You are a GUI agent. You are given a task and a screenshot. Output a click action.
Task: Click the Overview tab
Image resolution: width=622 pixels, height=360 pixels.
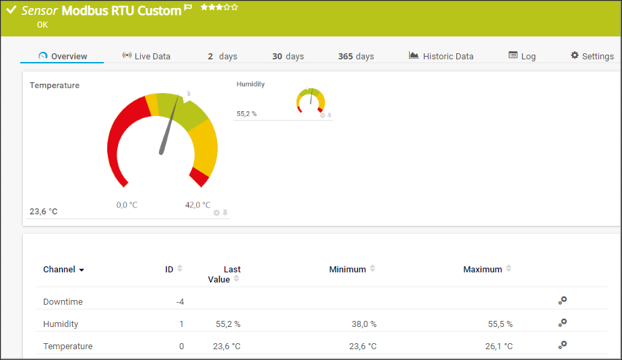(x=63, y=57)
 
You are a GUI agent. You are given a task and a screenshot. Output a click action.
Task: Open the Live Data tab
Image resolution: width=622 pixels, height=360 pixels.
(x=146, y=57)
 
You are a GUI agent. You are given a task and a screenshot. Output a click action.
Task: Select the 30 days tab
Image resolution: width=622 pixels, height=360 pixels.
(x=288, y=57)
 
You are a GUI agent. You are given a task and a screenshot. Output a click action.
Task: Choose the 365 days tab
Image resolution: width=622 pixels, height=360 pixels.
(x=356, y=57)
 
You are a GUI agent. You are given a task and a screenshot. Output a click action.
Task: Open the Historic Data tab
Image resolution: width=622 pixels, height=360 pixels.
(x=441, y=57)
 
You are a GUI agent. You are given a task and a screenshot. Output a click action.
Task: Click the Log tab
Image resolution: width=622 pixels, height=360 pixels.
(x=522, y=57)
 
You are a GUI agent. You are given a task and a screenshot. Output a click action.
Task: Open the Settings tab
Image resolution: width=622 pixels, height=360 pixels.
(x=592, y=57)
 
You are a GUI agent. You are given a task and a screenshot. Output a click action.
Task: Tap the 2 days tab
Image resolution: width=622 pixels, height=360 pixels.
(x=222, y=57)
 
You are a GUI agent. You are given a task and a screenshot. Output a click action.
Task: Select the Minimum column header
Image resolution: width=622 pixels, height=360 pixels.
(x=348, y=270)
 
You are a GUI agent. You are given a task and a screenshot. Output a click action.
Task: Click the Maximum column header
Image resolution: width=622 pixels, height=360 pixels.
(x=483, y=270)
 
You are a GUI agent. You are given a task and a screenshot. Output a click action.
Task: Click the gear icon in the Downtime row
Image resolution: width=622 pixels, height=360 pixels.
(x=563, y=301)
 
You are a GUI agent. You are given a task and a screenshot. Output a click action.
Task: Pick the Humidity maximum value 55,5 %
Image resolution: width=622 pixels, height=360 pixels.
(x=500, y=324)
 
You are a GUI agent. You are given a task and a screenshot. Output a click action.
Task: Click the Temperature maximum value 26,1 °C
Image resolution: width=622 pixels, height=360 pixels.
(x=499, y=347)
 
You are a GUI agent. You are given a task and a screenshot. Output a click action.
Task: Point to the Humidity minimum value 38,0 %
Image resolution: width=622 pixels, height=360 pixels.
(x=364, y=324)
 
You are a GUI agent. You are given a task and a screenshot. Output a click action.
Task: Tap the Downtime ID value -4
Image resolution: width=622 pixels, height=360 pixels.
(x=180, y=302)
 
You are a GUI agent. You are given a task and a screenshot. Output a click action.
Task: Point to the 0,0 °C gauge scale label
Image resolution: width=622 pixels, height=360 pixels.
(x=127, y=205)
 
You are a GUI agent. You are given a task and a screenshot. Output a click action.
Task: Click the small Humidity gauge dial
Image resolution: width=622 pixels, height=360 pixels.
(x=311, y=100)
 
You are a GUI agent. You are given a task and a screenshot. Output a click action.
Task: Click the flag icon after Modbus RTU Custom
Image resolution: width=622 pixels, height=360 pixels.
(x=188, y=9)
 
